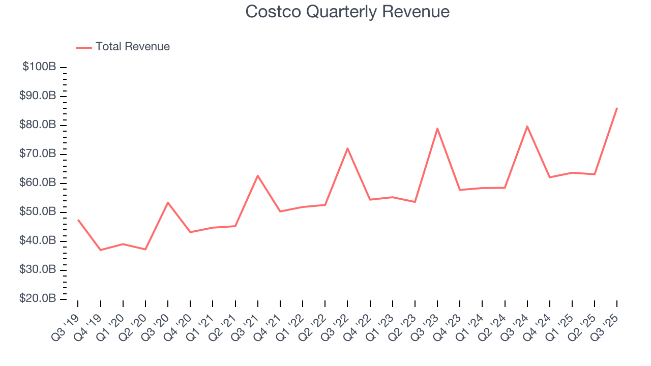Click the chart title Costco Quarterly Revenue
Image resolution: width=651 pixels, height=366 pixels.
(347, 12)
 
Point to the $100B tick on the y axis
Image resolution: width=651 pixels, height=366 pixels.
(40, 67)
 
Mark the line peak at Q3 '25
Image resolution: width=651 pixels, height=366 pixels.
(617, 108)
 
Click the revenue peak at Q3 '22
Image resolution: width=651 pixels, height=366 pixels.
(347, 148)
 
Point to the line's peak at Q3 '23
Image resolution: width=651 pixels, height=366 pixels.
(437, 128)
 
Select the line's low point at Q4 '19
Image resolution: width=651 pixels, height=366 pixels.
(100, 250)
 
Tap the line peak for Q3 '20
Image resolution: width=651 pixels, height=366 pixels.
(168, 202)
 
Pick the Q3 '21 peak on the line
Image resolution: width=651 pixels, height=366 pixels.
(258, 175)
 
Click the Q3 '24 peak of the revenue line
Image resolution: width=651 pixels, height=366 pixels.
(527, 126)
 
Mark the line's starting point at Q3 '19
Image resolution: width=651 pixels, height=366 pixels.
(78, 220)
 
